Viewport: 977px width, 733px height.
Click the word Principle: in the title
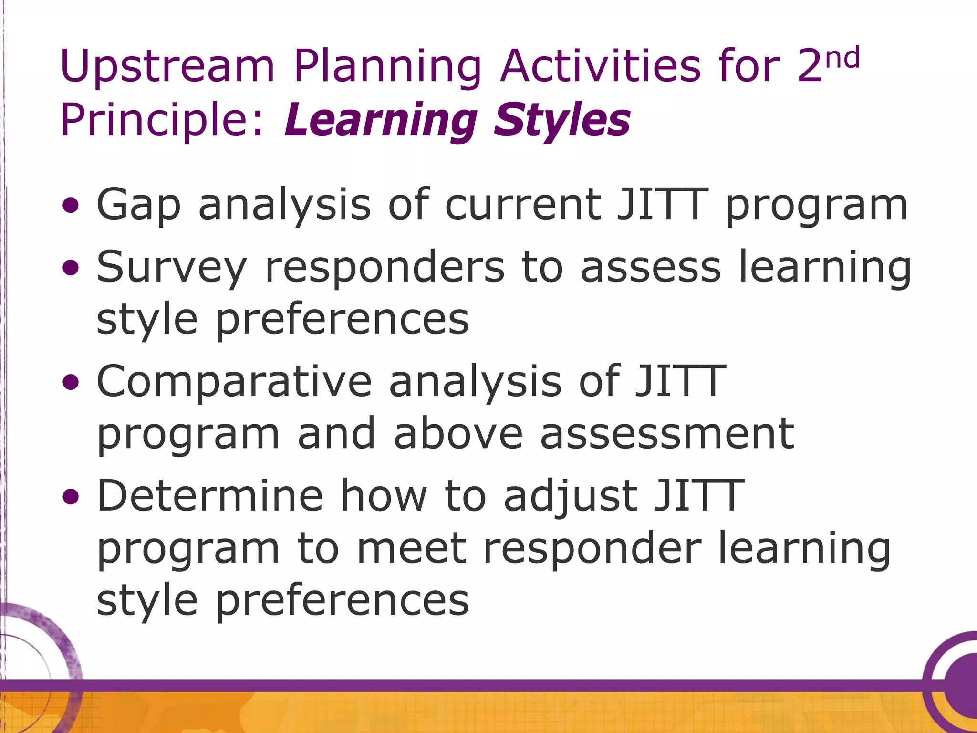162,120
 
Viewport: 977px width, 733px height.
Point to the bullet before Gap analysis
71,206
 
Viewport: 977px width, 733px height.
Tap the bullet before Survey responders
71,268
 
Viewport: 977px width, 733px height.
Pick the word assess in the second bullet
651,267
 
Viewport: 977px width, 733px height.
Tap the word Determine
210,496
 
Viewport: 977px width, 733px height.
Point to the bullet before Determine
71,497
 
